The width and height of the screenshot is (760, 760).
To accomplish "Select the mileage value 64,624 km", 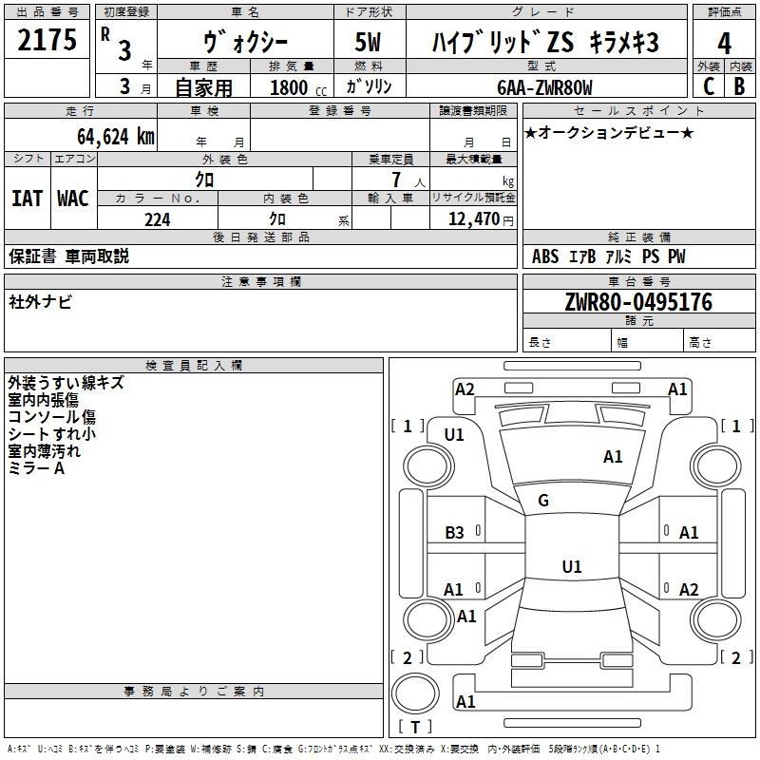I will [x=105, y=136].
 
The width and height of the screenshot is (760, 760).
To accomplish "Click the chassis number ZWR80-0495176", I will [x=637, y=302].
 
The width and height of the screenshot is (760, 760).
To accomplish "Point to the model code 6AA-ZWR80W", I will [x=544, y=87].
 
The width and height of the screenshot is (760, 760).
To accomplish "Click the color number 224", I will [x=157, y=219].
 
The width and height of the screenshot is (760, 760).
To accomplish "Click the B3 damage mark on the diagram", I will [x=455, y=533].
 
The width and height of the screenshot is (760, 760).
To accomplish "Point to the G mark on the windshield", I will [x=543, y=501].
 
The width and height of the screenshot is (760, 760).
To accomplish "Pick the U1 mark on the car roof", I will [x=571, y=566].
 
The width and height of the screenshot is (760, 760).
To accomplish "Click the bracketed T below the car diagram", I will [x=415, y=727].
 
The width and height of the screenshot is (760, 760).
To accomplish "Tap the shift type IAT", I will [x=27, y=198].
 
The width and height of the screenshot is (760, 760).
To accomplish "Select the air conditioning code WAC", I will [x=72, y=198].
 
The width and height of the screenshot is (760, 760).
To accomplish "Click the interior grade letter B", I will [x=739, y=86].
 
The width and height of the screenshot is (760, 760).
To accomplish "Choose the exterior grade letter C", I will [x=708, y=86].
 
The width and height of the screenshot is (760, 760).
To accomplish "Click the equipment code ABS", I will [x=545, y=256].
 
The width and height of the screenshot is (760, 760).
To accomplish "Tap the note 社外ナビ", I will [x=40, y=302].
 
